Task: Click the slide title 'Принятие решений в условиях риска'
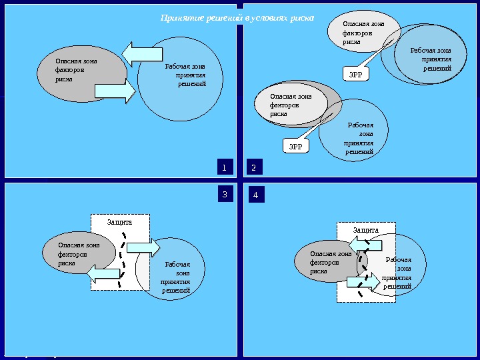[237, 18]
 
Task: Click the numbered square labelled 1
[225, 166]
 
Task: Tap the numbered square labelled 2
[254, 166]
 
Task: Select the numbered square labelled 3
[225, 195]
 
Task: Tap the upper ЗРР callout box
[357, 75]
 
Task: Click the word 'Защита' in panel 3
[120, 221]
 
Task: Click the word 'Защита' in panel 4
[366, 230]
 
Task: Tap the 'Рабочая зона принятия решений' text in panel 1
[186, 75]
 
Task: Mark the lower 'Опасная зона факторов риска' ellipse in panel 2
[291, 105]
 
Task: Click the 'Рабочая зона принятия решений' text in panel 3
[177, 277]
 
